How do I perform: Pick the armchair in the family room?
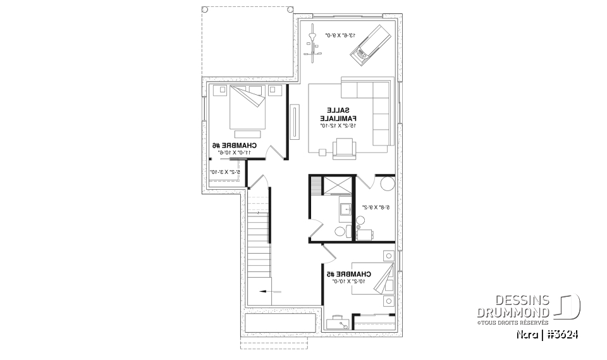(345, 147)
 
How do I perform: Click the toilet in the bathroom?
(341, 232)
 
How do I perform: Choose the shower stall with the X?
(338, 184)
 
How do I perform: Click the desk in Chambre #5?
(337, 323)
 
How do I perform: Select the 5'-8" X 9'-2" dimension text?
(374, 207)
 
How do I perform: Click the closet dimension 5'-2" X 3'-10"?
(223, 171)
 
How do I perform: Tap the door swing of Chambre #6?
(275, 154)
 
